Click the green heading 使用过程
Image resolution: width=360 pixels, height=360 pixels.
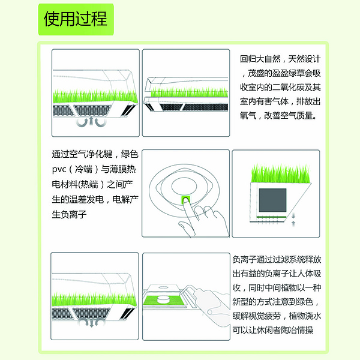point(76,19)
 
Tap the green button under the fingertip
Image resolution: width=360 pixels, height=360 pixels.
point(186,200)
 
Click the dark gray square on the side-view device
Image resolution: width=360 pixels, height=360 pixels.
point(272,200)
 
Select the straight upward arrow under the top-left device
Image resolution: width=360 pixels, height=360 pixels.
point(91,121)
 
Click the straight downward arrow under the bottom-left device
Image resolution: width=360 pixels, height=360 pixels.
point(92,323)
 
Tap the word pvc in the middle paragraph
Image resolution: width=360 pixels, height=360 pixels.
point(59,170)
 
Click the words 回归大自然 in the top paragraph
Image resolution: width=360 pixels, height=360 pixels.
point(260,59)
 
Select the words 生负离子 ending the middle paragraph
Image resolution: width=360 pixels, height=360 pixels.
point(69,214)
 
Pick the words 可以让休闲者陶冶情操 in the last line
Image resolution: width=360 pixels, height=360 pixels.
point(273,330)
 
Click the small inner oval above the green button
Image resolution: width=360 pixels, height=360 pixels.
point(184,186)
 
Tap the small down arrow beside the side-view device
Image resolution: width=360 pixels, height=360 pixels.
point(293,215)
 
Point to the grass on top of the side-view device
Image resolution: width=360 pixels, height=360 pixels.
point(281,174)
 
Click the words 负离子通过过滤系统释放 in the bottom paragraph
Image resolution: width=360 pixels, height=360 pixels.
point(277,259)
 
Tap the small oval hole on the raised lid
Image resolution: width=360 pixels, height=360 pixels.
point(163,287)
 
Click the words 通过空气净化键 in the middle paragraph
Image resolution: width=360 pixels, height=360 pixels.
point(82,154)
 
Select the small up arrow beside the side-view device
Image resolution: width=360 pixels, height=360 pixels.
point(293,224)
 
